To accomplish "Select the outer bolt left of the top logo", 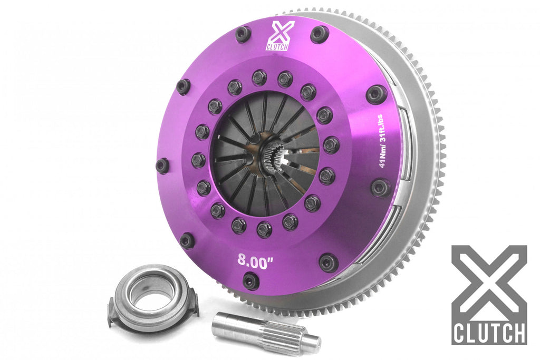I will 243,34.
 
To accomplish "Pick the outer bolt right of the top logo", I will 319,34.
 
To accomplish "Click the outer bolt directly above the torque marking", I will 376,94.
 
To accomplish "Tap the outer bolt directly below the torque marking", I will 380,187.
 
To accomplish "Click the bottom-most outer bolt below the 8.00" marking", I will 251,281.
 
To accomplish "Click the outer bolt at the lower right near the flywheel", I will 328,262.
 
